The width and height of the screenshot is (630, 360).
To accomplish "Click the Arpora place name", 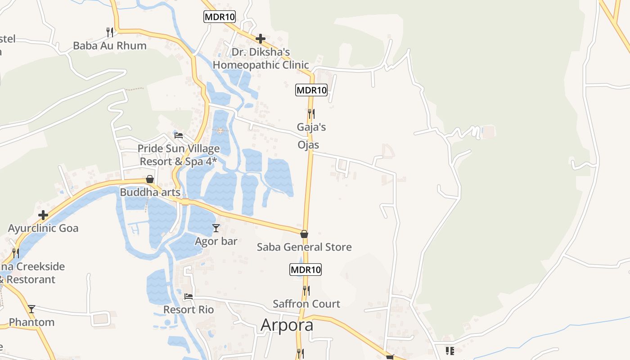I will point(287,324).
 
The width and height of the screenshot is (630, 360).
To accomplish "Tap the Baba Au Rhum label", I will point(110,45).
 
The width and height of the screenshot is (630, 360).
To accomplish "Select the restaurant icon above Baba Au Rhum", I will point(109,32).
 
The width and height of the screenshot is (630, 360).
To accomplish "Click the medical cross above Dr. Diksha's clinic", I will point(260,39).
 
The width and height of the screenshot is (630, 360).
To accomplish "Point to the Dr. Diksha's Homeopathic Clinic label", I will point(261,58).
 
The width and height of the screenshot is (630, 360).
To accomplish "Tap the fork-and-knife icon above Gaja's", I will point(311,113).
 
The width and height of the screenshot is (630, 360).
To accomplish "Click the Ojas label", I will point(308,145).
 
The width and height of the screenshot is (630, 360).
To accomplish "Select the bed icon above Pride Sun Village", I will point(179,135).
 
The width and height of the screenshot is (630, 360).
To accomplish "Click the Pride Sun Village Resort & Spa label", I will point(179,155).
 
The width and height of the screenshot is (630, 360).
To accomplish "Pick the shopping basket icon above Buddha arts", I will point(150,179).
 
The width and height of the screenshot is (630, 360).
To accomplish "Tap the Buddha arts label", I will point(150,193).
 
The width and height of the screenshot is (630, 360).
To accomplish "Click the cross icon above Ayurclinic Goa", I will point(43,215).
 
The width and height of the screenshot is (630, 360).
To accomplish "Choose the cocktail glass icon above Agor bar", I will point(216,228).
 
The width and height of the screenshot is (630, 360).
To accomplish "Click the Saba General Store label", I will point(304,247).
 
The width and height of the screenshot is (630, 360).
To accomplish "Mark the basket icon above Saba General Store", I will point(304,234).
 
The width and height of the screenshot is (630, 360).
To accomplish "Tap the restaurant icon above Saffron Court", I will point(306,291).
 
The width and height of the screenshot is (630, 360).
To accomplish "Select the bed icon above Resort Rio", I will point(189,297).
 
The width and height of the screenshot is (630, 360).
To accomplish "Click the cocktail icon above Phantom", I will point(31,309).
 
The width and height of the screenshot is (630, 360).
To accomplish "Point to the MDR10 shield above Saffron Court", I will point(305,270).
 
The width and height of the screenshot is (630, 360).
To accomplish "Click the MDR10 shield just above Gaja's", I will point(311,90).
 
